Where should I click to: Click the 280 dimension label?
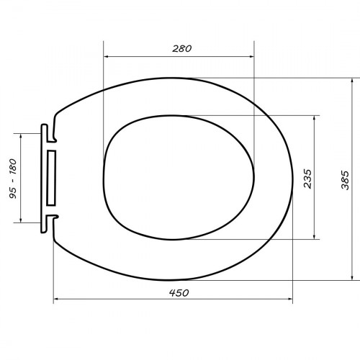coord(182,49)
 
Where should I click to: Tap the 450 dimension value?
coord(179,293)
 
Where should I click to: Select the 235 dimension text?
coord(307,179)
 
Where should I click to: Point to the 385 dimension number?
coord(345,180)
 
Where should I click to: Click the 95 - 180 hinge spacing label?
coord(13,179)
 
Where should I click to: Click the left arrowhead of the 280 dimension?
coord(106,57)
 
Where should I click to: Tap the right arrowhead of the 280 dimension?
coord(251,57)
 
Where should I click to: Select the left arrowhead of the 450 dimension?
coord(55,299)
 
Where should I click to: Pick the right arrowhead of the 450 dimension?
coord(290,299)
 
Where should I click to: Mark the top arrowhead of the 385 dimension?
coord(352,81)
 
